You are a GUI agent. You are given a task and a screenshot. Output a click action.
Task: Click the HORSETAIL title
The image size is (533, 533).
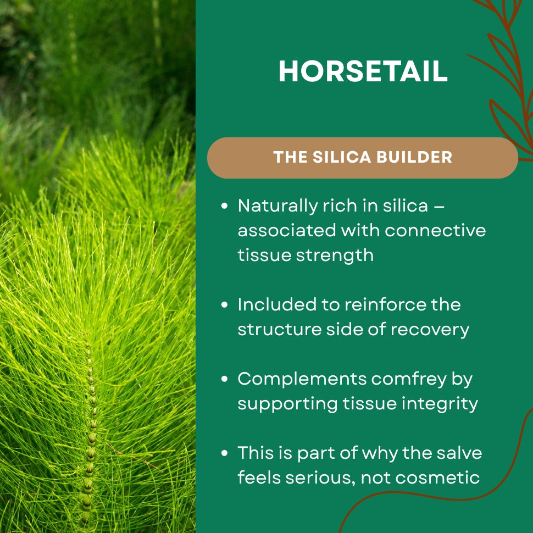(363, 71)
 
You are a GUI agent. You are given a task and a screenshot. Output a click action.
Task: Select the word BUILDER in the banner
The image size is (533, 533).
(414, 157)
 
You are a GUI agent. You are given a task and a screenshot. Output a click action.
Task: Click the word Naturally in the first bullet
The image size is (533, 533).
(277, 207)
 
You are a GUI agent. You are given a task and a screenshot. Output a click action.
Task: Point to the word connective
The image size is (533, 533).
(435, 230)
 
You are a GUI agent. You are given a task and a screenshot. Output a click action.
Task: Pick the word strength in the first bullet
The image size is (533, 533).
(335, 256)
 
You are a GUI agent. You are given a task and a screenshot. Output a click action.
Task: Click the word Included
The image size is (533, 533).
(277, 304)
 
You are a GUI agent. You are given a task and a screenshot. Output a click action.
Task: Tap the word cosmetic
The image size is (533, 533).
(437, 478)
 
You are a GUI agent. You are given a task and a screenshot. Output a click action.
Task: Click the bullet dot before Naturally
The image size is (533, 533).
(224, 206)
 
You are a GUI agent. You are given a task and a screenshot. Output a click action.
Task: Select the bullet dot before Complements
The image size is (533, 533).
(224, 379)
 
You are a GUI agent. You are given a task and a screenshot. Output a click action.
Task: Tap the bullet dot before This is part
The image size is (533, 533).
(224, 453)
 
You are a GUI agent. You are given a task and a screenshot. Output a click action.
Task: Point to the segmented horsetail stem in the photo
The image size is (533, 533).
(89, 432)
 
